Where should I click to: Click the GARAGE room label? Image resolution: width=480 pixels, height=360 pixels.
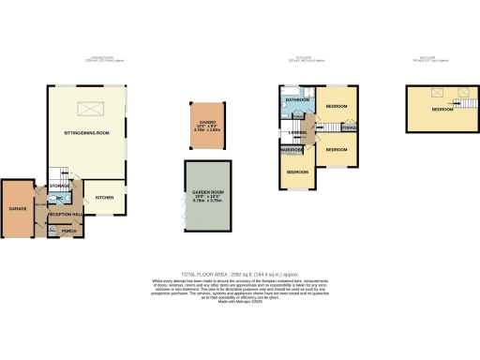(17, 206)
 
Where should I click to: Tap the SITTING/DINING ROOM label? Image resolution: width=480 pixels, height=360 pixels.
(86, 134)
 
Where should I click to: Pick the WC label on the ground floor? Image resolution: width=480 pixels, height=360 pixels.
(59, 199)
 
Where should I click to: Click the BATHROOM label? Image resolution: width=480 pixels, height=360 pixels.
(298, 99)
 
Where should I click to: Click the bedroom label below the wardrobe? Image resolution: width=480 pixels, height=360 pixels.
(297, 172)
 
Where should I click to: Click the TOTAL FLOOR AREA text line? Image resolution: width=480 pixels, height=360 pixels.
(240, 273)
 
